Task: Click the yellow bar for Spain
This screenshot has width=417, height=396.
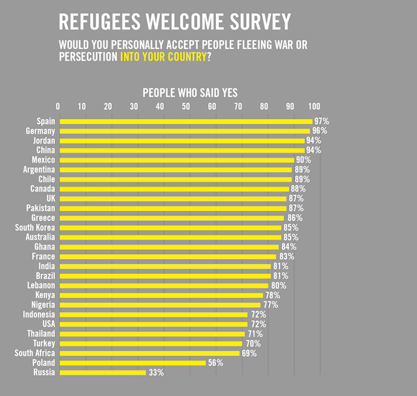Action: (186, 122)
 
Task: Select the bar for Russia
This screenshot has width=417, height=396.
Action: (102, 372)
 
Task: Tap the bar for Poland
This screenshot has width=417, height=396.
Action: (132, 363)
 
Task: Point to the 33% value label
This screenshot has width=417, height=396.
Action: (155, 372)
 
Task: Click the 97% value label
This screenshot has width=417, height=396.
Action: (321, 122)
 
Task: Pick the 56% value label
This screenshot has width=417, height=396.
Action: (215, 363)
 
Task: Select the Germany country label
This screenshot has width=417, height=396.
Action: (40, 131)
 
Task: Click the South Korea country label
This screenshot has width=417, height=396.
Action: (35, 227)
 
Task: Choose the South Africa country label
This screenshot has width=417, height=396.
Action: (35, 354)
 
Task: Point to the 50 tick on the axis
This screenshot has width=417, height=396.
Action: (186, 107)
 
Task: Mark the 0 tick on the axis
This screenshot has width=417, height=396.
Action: (59, 107)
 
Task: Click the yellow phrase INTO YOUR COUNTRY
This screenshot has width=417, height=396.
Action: (162, 57)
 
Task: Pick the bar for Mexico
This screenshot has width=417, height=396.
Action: (176, 160)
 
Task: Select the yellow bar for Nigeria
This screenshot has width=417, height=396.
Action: (160, 305)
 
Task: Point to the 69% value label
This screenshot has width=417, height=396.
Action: (249, 354)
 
